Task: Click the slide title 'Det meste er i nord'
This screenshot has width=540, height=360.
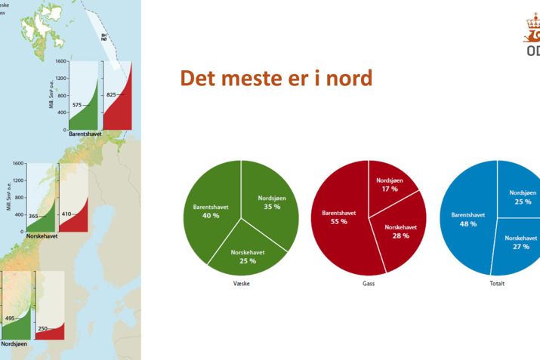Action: [276, 78]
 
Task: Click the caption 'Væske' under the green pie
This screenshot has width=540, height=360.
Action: [241, 284]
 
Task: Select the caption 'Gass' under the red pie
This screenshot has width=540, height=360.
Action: [369, 284]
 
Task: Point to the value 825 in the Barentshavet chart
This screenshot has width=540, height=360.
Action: [111, 95]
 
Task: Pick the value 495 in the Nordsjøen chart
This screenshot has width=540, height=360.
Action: [11, 318]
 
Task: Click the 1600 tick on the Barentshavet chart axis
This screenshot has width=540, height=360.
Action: [60, 61]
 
